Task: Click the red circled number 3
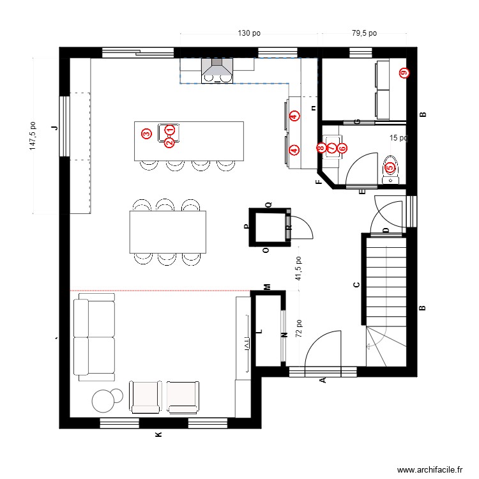click(146, 133)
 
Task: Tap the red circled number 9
click(403, 73)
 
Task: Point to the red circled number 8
click(321, 148)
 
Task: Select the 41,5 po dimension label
click(298, 269)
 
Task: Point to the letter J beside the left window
click(54, 128)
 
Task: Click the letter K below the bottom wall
click(159, 435)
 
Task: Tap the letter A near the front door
click(323, 380)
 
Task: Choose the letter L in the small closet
click(259, 331)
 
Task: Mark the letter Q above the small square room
click(268, 204)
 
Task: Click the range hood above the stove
click(217, 70)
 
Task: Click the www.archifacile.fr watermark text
click(430, 469)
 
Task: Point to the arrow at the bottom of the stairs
click(372, 346)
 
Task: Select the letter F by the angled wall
click(319, 183)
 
